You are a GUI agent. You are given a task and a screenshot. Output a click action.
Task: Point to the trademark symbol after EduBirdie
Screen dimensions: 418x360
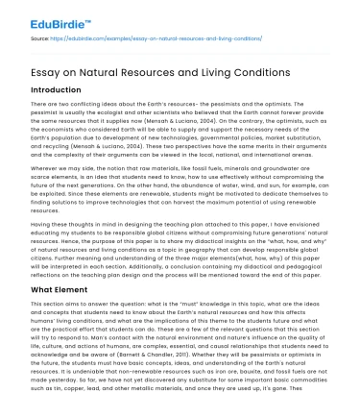click(79, 9)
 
